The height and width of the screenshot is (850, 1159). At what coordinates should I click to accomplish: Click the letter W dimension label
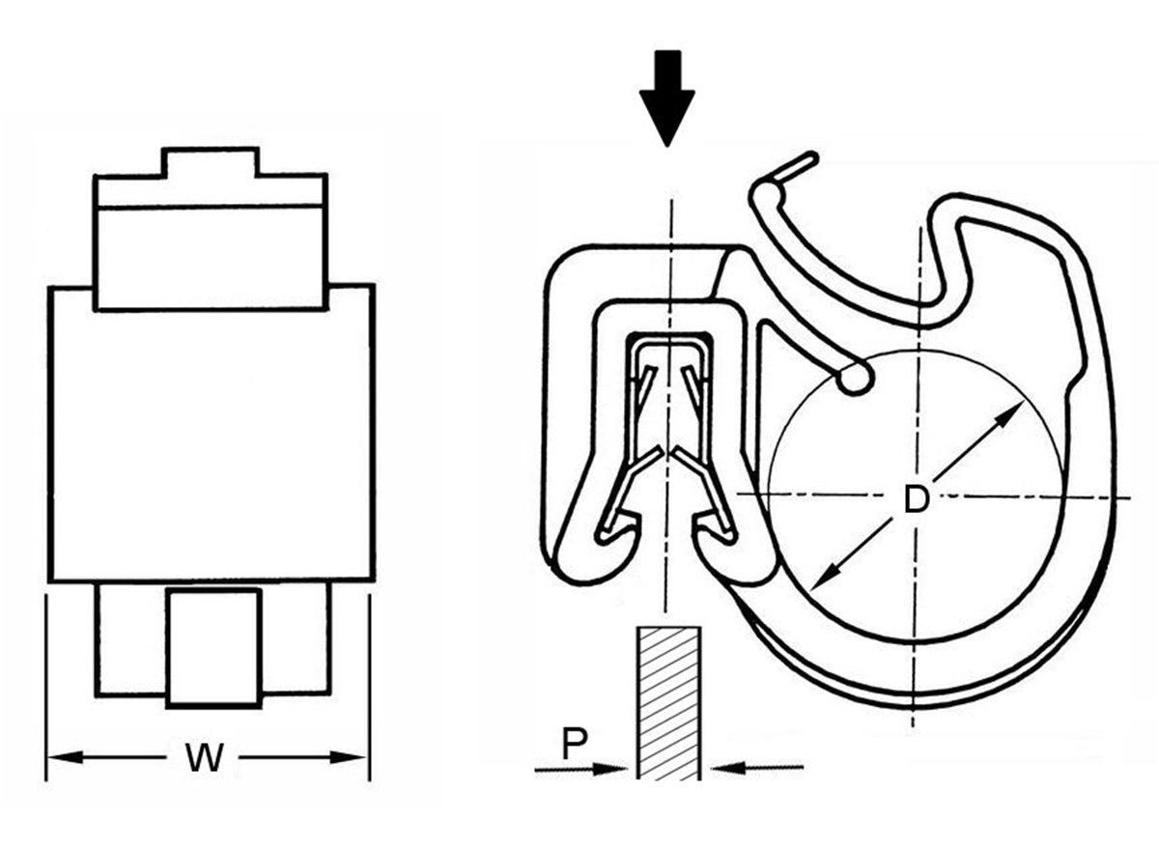coord(205,759)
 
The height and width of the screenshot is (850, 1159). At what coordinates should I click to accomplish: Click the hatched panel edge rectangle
coord(667,702)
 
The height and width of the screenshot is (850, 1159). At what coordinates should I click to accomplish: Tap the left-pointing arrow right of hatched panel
coord(734,769)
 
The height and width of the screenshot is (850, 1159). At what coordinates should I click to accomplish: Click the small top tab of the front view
coord(211,162)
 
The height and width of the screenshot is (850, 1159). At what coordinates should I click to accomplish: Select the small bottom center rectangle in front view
coord(213,647)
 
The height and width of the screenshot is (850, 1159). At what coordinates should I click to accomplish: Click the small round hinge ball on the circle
coord(853,379)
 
